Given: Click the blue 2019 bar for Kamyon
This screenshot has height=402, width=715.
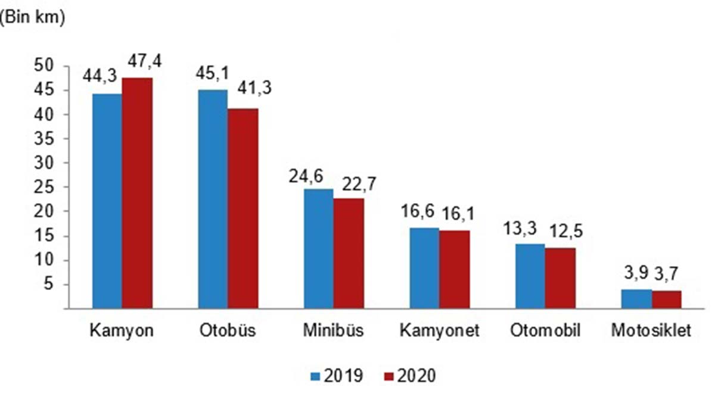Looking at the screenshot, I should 107,201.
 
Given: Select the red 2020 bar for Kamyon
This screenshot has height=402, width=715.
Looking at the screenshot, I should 137,194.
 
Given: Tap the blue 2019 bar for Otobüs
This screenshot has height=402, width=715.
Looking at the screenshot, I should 213,200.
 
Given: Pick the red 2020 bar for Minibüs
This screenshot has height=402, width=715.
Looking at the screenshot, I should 349,254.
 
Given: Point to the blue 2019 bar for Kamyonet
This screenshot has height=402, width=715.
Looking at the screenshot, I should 424,268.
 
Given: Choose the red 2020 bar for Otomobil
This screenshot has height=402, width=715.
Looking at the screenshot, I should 560,278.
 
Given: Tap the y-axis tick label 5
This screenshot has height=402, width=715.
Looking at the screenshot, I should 51,285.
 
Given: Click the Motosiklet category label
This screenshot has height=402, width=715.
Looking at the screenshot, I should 651,331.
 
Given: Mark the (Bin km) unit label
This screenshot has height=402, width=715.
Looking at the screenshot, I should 33,17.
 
